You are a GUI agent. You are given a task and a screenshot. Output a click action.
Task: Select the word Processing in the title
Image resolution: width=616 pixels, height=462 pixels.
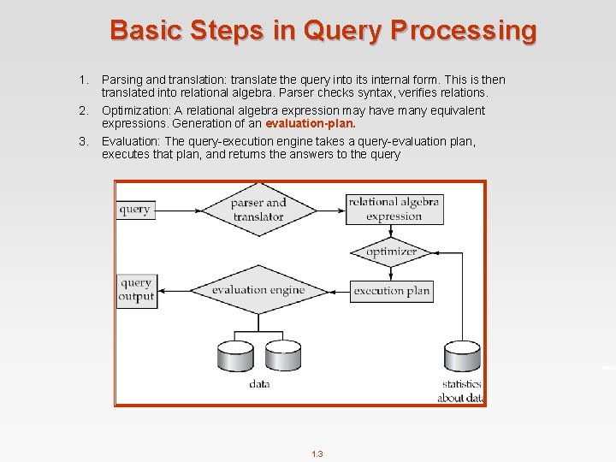point(465,31)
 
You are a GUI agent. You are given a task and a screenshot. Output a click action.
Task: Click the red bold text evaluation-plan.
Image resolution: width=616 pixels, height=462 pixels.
point(311,123)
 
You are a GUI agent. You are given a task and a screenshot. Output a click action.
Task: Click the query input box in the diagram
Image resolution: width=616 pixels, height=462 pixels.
point(134,210)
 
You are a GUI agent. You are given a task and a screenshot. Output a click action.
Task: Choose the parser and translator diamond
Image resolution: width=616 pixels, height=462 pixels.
point(258,210)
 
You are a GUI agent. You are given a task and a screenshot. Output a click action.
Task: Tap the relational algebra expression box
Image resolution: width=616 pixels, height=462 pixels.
point(394,210)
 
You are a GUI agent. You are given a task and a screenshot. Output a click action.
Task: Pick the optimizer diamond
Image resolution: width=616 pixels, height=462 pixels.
point(391,252)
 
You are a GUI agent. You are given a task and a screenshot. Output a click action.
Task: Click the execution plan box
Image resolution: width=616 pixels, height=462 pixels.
point(391,291)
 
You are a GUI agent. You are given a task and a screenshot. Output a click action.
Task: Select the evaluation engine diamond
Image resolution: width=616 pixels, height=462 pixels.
point(258,290)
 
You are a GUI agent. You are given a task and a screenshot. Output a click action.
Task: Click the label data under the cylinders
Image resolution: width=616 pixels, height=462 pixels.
point(259,384)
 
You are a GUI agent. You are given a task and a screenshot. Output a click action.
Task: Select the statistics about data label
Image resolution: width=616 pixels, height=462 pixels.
point(462,391)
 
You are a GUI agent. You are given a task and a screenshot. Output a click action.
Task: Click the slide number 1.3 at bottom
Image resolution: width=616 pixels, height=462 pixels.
point(317,454)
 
